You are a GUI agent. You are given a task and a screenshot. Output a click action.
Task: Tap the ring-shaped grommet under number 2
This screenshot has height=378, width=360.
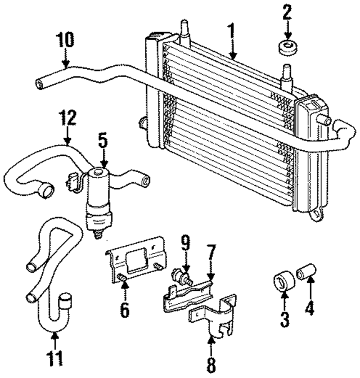click(x=287, y=47)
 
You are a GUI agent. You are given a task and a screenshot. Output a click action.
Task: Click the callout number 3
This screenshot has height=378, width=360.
click(x=285, y=320)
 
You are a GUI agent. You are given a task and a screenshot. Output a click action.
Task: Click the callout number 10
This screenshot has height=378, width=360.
click(x=64, y=42)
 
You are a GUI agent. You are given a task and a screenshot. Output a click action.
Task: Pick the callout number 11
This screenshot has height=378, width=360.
click(x=55, y=358)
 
